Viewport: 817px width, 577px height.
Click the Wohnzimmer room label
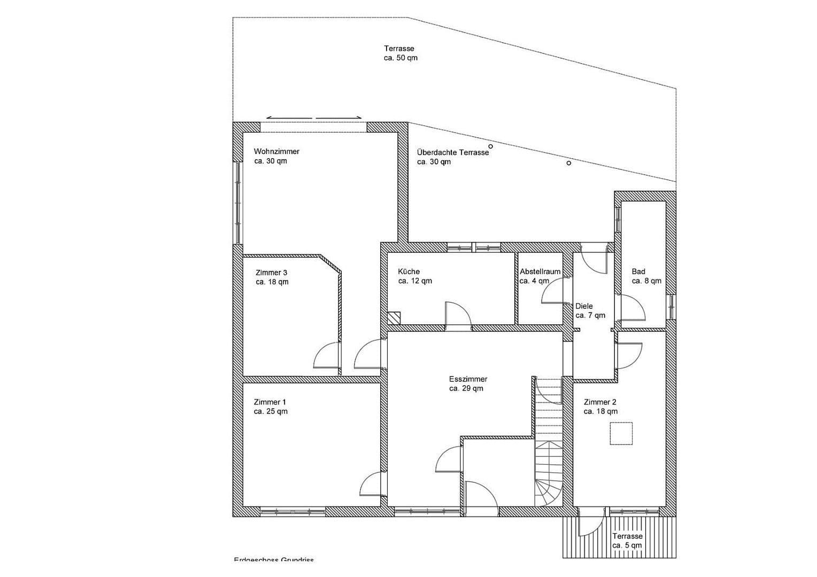276,152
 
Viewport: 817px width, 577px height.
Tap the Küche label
409,271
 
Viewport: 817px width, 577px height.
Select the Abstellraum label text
540,271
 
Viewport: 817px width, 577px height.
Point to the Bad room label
638,271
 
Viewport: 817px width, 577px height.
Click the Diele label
584,306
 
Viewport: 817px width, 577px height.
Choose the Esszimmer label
468,379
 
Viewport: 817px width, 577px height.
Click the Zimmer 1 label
270,402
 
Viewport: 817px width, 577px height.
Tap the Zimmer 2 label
600,402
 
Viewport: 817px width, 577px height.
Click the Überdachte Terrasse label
453,152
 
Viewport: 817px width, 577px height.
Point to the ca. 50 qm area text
400,58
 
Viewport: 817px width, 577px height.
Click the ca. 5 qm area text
627,545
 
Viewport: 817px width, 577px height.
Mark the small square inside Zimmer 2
621,433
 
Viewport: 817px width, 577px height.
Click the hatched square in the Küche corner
394,318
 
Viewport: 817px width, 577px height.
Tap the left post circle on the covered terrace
490,146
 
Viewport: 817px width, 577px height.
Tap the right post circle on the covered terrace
569,163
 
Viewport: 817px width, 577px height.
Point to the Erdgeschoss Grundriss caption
274,559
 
